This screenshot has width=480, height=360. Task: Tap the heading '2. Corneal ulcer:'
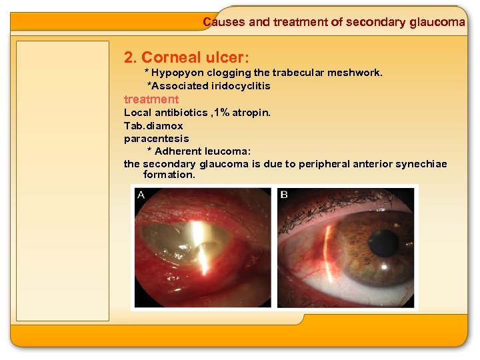tap(187, 57)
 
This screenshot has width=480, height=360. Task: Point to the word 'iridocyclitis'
tap(242, 86)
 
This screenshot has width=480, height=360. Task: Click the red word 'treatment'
tap(151, 99)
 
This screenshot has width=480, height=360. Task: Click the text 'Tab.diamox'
tap(153, 125)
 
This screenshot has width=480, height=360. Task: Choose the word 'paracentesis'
tap(157, 139)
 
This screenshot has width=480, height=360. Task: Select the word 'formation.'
tap(169, 175)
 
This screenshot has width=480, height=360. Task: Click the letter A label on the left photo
tap(141, 195)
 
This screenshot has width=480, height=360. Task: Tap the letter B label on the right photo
tap(285, 195)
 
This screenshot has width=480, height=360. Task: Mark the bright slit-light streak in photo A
tap(198, 240)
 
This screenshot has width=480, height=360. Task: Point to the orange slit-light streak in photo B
tap(328, 253)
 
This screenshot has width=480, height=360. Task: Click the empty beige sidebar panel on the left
tap(63, 180)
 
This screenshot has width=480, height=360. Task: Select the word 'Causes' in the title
tap(223, 22)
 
